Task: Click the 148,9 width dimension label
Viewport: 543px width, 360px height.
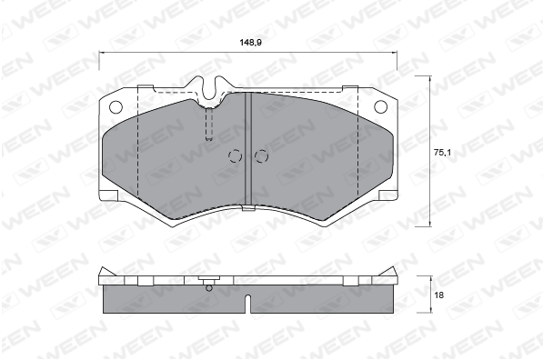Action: [250, 43]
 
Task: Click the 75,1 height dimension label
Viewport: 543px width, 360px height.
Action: [442, 152]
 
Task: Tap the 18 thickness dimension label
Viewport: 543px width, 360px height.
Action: [438, 295]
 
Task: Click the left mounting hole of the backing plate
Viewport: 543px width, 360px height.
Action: [116, 107]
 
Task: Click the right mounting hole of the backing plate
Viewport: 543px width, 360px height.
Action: [380, 106]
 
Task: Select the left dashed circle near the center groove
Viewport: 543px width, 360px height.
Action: [235, 156]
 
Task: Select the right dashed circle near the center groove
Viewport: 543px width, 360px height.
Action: [261, 156]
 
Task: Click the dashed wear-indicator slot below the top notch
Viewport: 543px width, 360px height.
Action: [209, 124]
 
